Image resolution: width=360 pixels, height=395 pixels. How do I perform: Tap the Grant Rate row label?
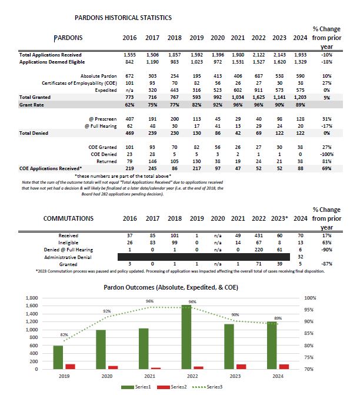pyautogui.click(x=34, y=104)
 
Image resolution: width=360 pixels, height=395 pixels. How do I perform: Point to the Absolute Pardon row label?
pyautogui.click(x=101, y=76)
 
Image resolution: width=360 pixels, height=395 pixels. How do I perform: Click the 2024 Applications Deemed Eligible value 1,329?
pyautogui.click(x=301, y=61)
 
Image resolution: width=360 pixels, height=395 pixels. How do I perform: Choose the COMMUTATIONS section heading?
pyautogui.click(x=68, y=218)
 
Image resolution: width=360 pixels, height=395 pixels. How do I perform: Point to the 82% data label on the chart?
pyautogui.click(x=65, y=335)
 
